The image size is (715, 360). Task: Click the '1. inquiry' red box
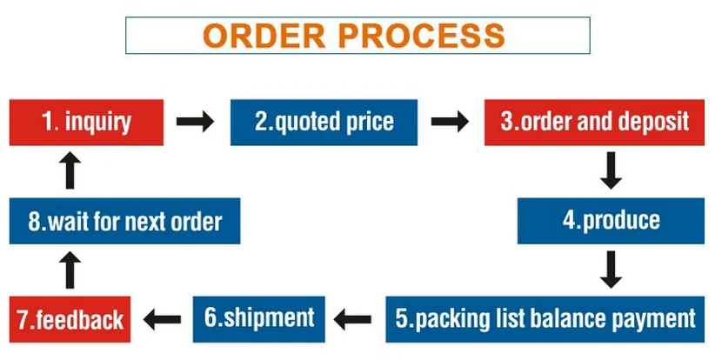(x=86, y=122)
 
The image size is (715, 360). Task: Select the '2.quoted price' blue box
(x=324, y=122)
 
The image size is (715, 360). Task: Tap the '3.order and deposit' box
(x=595, y=122)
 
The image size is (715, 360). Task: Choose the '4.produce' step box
(x=611, y=220)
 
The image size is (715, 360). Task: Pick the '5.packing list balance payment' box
(x=545, y=318)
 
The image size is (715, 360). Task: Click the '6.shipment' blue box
(x=258, y=317)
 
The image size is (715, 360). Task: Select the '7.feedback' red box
(x=70, y=319)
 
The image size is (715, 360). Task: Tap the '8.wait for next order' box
(x=124, y=221)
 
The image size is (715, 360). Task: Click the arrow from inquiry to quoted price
(x=196, y=122)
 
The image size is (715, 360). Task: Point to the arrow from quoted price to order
(x=451, y=122)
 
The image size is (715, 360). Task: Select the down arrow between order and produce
(x=611, y=171)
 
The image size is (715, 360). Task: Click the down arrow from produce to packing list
(x=611, y=270)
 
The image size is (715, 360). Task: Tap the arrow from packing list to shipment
(x=354, y=319)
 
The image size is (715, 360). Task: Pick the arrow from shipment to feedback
(x=162, y=319)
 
